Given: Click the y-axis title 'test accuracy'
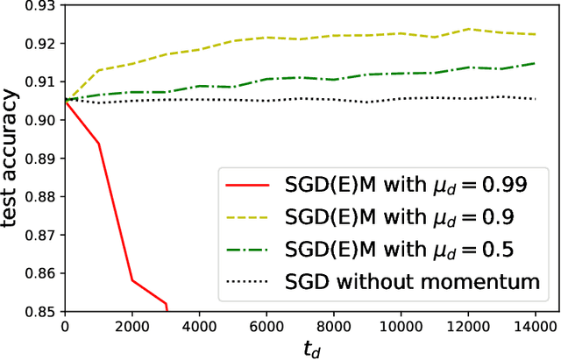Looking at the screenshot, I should tap(12, 158).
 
